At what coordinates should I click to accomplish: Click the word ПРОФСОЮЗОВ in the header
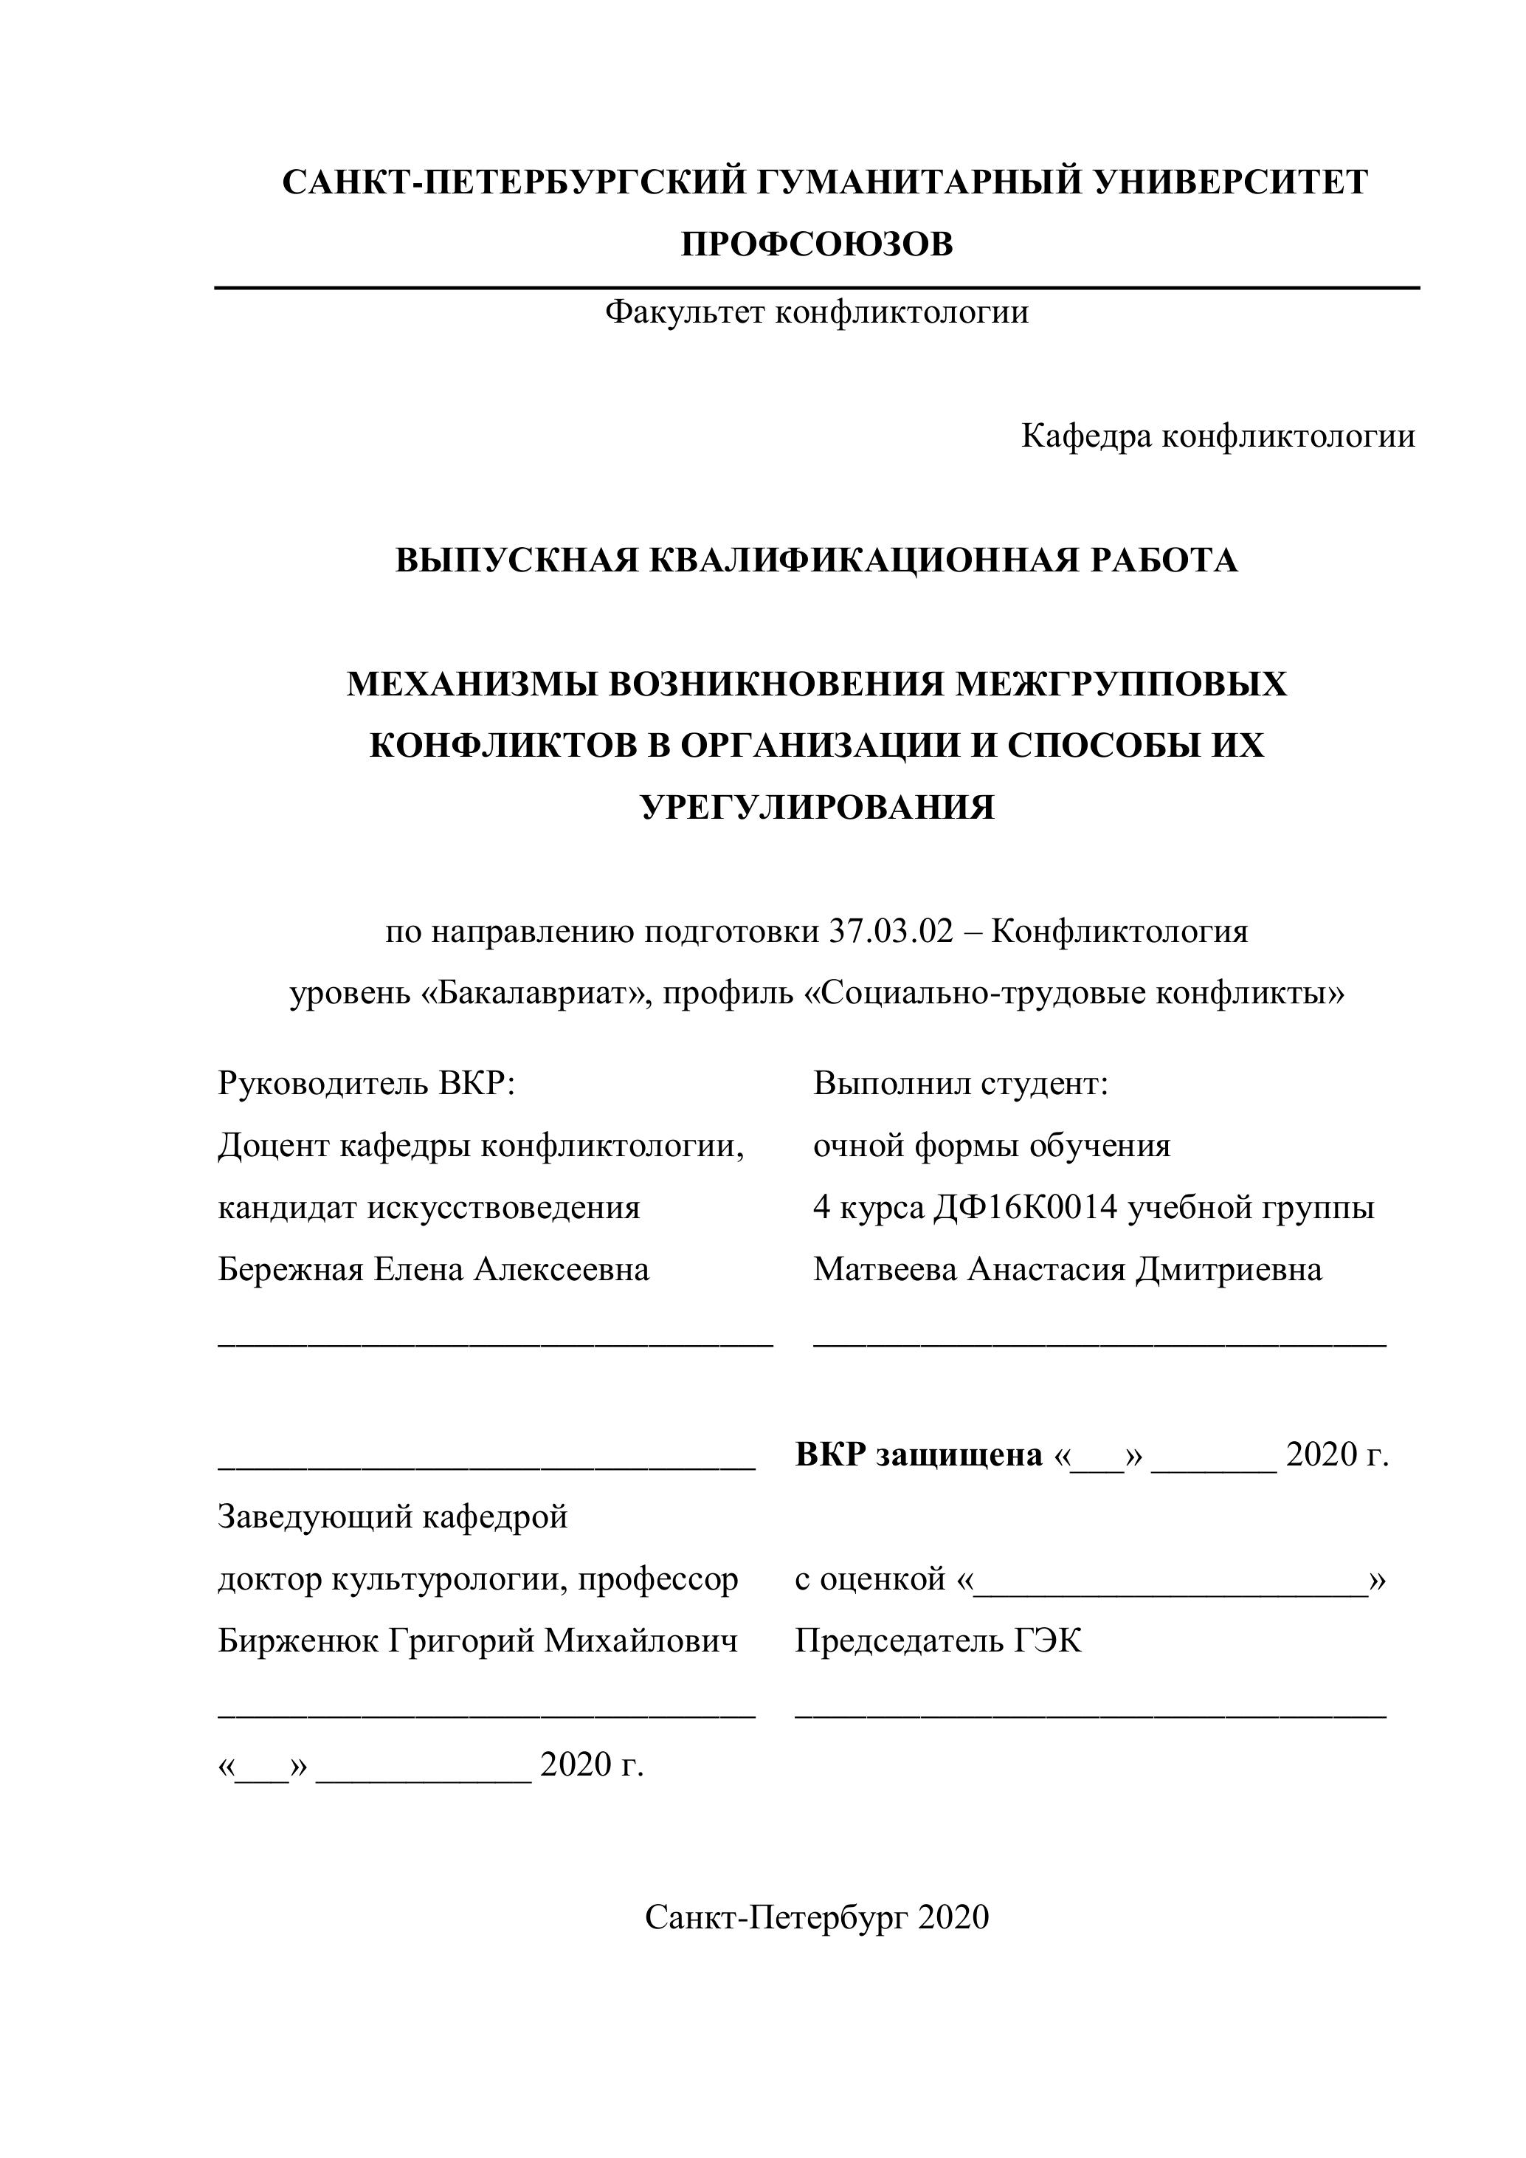pos(817,244)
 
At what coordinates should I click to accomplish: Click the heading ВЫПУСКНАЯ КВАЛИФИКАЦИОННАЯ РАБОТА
pos(817,560)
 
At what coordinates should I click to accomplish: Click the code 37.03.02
pos(891,932)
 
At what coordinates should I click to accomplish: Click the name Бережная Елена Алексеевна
pos(433,1270)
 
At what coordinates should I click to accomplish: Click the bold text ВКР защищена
pos(919,1455)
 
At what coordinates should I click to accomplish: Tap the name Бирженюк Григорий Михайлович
pos(477,1641)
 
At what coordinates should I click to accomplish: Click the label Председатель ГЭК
pos(938,1641)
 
